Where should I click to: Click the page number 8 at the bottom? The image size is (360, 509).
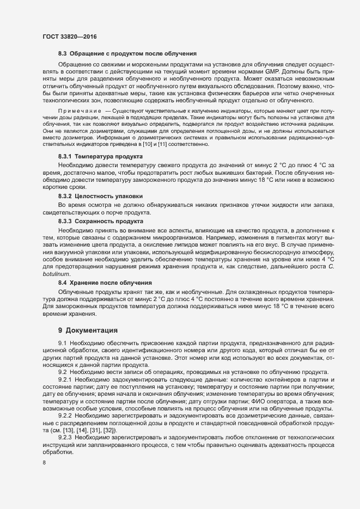pos(44,464)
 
